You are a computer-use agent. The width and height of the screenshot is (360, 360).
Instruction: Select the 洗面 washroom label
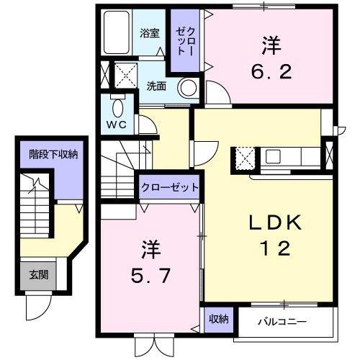coord(156,85)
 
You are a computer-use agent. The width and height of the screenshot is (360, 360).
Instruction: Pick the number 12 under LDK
coord(274,249)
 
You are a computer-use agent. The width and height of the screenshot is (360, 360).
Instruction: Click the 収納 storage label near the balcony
coord(219,318)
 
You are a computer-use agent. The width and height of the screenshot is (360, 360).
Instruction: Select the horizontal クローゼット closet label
coord(169,187)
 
